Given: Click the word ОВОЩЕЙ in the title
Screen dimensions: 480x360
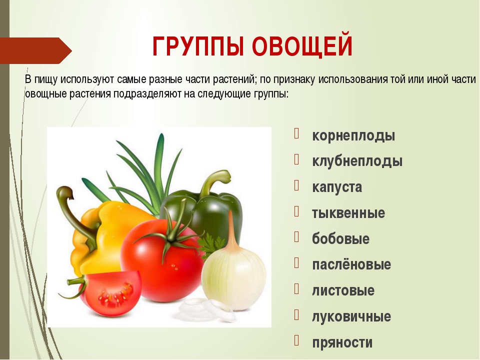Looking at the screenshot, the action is [x=302, y=46].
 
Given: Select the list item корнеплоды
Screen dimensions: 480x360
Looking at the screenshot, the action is [x=353, y=135].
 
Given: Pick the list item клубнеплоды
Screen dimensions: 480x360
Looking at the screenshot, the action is [x=357, y=161].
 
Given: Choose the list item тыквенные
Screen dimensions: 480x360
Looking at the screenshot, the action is [x=348, y=213].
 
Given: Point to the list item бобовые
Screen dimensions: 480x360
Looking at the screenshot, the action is [x=340, y=238].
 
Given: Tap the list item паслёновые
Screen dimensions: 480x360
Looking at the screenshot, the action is [x=351, y=264].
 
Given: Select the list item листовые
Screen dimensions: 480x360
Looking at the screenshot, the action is [x=343, y=290].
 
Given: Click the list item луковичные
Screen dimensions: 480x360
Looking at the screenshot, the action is [x=351, y=316].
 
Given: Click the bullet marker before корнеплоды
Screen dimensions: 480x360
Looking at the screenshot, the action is [x=296, y=134].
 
